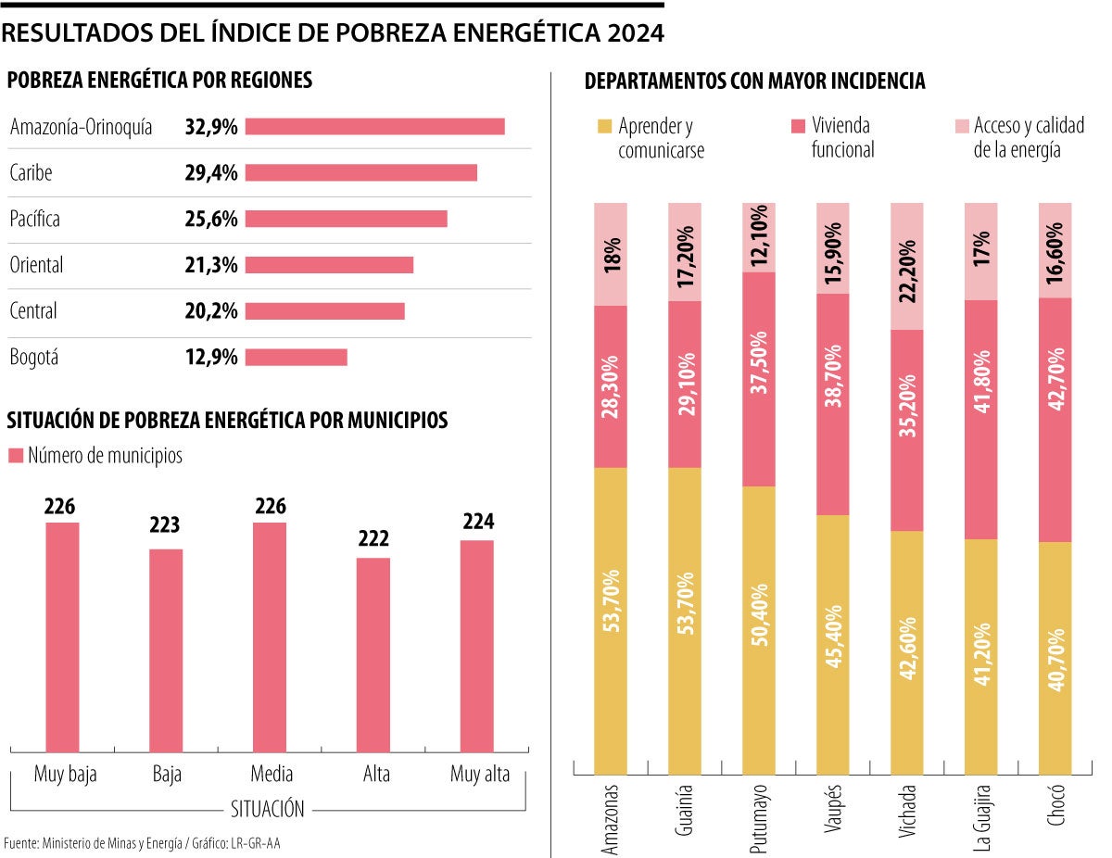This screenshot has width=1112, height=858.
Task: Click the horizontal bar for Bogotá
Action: [x=296, y=357]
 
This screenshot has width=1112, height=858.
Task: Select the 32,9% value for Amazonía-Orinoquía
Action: [x=211, y=126]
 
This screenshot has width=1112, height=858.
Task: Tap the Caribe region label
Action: [x=31, y=172]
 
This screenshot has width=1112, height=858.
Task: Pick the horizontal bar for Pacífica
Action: [x=346, y=219]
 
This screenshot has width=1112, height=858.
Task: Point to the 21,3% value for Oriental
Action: [x=211, y=265]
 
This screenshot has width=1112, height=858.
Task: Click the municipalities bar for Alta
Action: [x=373, y=654]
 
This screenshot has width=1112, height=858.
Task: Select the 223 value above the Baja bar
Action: [x=166, y=525]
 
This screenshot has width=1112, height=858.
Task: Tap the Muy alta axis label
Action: [x=480, y=775]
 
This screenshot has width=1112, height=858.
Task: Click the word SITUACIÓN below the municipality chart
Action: [x=267, y=809]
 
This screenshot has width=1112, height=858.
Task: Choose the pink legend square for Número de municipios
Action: [x=15, y=456]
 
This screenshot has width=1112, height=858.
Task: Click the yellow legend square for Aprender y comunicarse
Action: [x=603, y=126]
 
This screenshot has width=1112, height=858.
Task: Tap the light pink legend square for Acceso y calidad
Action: [x=962, y=126]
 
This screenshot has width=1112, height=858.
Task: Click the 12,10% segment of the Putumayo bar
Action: [x=759, y=237]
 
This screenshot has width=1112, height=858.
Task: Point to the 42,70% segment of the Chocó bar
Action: [x=1055, y=420]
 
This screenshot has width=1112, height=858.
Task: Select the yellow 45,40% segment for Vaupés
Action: [x=833, y=644]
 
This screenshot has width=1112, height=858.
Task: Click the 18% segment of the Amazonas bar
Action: [x=611, y=254]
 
